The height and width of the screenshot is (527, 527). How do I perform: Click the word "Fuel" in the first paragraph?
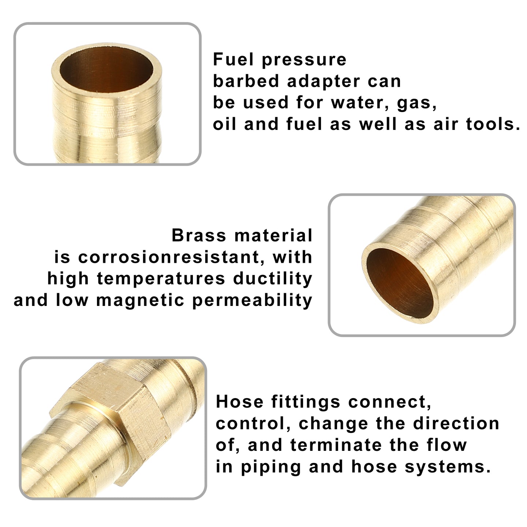click(233, 59)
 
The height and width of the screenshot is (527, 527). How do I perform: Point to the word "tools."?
click(492, 124)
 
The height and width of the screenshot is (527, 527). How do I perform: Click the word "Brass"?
click(199, 235)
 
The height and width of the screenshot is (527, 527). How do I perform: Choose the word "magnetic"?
click(140, 300)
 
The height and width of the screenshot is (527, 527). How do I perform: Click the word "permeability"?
click(252, 300)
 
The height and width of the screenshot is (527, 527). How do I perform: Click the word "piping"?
click(271, 467)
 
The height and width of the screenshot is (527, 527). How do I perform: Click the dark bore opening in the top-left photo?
click(106, 71)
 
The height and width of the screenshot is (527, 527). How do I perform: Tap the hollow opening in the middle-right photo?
click(400, 283)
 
